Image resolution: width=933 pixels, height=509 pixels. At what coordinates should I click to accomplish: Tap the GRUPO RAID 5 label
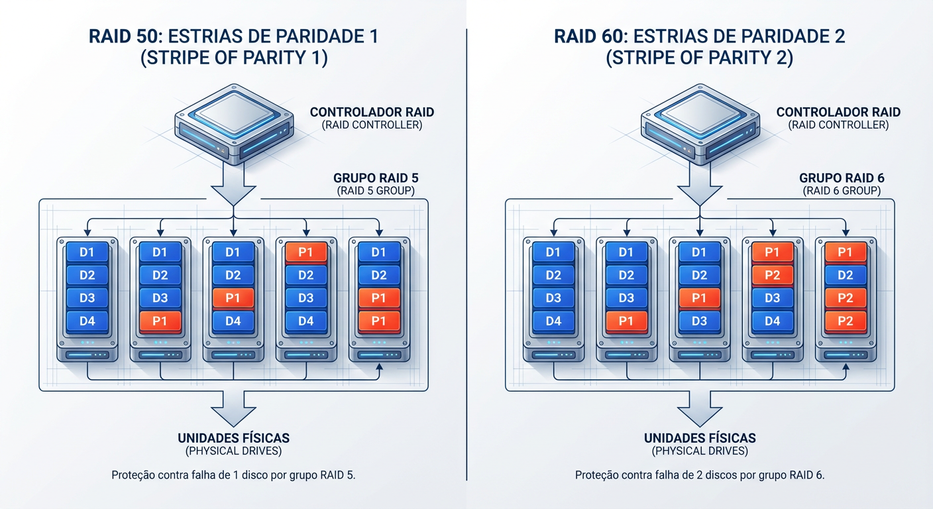point(376,178)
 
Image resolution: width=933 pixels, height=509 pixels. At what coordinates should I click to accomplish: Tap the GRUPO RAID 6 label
point(842,178)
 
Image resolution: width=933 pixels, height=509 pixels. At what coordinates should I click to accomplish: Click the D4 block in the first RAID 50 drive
point(87,321)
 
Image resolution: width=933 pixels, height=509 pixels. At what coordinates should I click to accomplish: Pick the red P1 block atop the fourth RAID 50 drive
point(305,253)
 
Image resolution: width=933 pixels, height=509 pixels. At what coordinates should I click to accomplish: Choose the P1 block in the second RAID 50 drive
point(160,321)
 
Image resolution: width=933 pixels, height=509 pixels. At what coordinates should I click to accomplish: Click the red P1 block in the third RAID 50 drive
point(233,298)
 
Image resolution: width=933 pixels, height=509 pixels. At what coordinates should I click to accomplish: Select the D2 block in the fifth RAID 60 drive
point(845,275)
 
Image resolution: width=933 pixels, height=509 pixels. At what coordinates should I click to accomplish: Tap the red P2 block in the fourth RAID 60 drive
point(772,275)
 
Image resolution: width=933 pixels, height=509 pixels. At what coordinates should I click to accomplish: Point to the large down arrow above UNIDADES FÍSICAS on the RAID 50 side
point(233,408)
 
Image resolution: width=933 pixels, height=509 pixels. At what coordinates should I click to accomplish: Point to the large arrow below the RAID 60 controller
point(700,188)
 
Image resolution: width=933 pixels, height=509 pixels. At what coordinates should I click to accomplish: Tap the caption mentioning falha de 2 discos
point(700,475)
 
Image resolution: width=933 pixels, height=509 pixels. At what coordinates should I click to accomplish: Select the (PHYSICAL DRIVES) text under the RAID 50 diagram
point(233,451)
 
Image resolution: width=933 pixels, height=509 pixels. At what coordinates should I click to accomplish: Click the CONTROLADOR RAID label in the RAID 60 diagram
point(838,112)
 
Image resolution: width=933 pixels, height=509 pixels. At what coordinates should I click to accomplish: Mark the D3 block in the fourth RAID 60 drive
point(772,298)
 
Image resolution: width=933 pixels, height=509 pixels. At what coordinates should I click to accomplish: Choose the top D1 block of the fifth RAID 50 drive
point(378,253)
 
